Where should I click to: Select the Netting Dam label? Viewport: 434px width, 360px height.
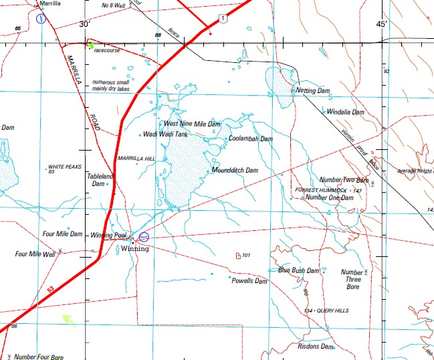point(314,90)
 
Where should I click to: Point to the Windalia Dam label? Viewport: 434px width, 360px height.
point(346,112)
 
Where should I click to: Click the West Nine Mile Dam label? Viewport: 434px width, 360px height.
point(192,124)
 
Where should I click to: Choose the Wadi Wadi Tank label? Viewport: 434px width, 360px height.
point(166,134)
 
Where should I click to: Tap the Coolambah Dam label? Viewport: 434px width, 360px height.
point(251,139)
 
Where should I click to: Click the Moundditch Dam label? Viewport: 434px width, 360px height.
point(235,171)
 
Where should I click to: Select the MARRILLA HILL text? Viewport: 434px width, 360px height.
point(136,158)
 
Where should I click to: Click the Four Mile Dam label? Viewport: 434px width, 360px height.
point(62,234)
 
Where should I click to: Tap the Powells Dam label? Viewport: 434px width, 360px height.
point(249,281)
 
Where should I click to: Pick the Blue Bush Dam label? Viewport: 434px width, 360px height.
point(300,270)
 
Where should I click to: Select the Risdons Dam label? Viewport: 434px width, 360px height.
point(315,347)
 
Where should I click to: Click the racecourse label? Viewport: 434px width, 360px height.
point(107,50)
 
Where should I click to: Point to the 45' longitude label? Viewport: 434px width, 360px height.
point(382,24)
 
